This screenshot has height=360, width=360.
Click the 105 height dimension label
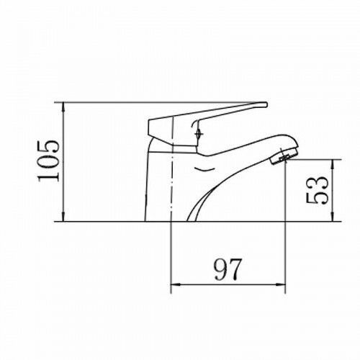[48, 161]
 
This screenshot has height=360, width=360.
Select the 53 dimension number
[317, 190]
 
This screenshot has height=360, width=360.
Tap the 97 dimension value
[227, 269]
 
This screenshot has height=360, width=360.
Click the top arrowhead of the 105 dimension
[63, 107]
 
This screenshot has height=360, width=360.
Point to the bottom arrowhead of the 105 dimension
[63, 217]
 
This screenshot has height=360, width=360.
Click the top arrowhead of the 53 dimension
[333, 163]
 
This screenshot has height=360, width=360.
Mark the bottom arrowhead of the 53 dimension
[333, 217]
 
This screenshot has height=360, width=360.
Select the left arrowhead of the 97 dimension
[175, 284]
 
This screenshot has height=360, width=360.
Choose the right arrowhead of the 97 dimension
[281, 284]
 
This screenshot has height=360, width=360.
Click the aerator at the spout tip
[284, 156]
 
